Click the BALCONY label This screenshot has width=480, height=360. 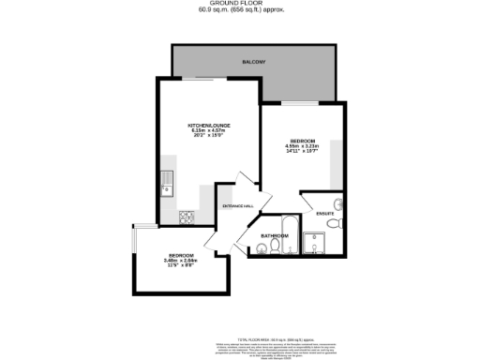coord(253,62)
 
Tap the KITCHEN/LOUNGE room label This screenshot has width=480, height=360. coord(209,125)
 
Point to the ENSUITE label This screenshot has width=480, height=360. coord(325,214)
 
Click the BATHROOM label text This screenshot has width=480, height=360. coord(274,235)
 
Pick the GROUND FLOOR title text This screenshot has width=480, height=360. coord(240,4)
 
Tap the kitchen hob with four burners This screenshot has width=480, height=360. coord(187,217)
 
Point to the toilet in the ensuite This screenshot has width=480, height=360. coord(341,223)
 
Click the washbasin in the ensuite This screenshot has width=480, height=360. coord(340,204)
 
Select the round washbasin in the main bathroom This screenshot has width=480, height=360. coord(261,249)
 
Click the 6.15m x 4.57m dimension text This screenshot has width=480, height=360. coord(209,131)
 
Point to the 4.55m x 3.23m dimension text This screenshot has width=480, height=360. coord(303,145)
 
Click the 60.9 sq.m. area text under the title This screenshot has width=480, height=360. coord(240,10)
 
